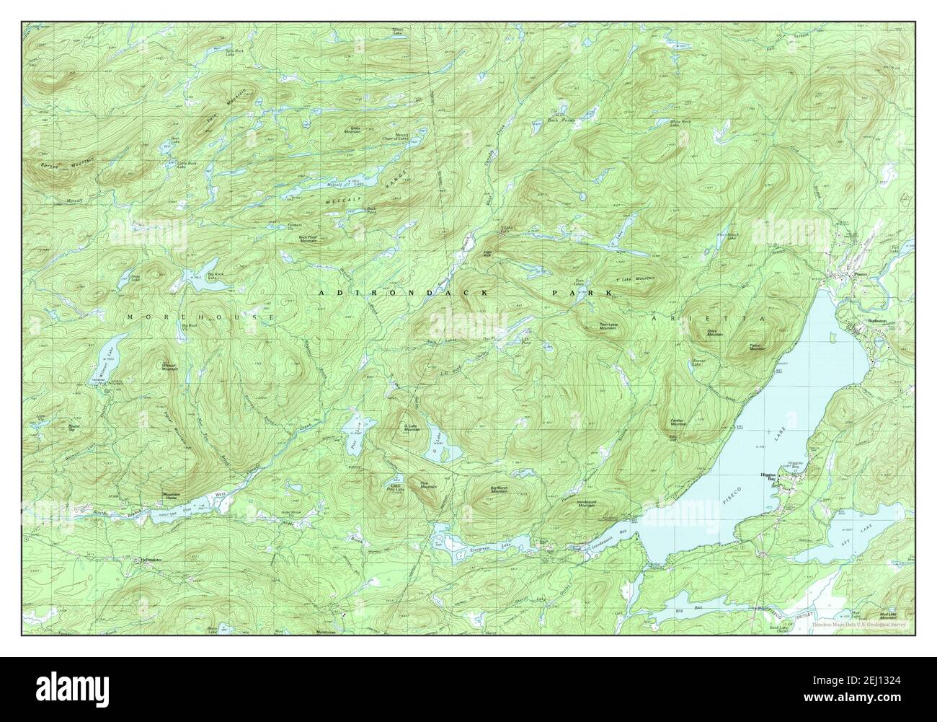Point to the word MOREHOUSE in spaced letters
(200, 317)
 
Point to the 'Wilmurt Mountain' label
(167, 366)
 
